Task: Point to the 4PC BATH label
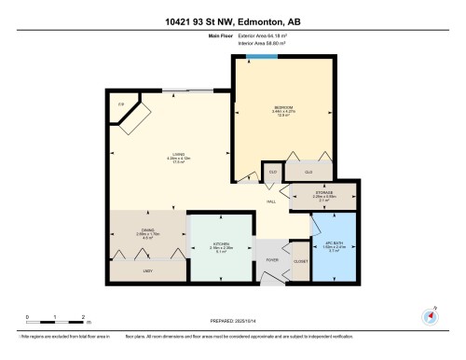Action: [x=334, y=245]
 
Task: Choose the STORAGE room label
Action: [x=322, y=193]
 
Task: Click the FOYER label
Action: [x=272, y=259]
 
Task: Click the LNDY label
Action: [x=147, y=270]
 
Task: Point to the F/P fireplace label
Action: [x=120, y=104]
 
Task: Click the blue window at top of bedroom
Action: [x=260, y=57]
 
